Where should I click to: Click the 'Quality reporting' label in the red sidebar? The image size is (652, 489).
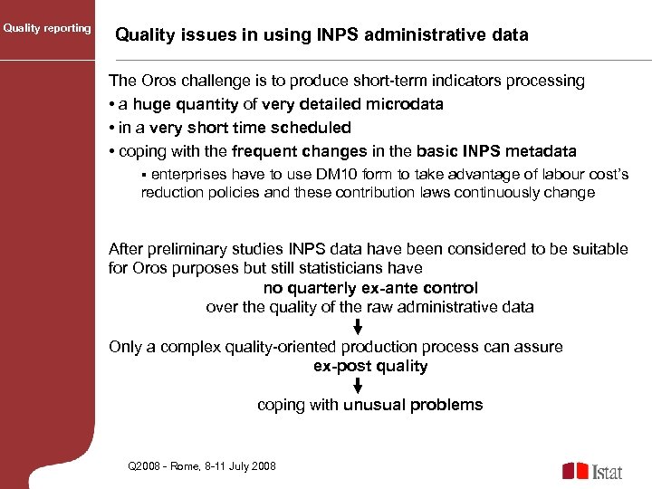coord(47,28)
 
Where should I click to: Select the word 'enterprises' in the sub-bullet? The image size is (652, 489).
coord(187,174)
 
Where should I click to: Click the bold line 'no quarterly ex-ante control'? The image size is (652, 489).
coord(370,288)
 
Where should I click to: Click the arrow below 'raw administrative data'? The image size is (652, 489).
coord(358,327)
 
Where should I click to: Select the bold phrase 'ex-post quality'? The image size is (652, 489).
coord(370,366)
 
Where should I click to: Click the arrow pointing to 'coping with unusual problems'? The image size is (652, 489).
coord(358,386)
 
